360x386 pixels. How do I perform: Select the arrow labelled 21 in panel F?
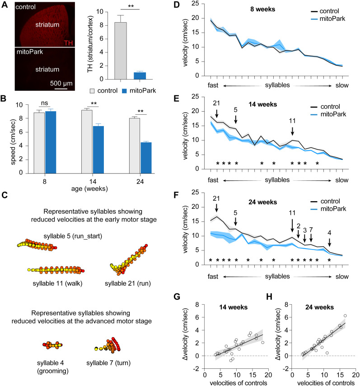pyautogui.click(x=216, y=207)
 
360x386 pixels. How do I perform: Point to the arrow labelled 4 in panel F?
pyautogui.click(x=330, y=242)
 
